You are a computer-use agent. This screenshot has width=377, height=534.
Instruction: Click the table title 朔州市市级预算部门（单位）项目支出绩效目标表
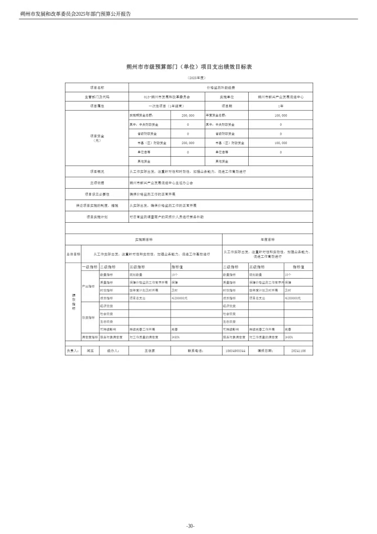pyautogui.click(x=188, y=67)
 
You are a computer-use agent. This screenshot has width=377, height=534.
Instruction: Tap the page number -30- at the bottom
pyautogui.click(x=190, y=526)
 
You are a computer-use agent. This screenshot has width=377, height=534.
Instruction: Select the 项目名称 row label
pyautogui.click(x=97, y=88)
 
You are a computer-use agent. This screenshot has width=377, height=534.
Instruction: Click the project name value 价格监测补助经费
pyautogui.click(x=220, y=88)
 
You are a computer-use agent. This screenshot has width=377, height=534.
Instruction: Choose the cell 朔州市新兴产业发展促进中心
pyautogui.click(x=281, y=97)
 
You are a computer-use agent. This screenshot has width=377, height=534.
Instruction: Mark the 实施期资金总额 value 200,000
pyautogui.click(x=187, y=115)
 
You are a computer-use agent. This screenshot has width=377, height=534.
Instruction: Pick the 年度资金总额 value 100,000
pyautogui.click(x=281, y=115)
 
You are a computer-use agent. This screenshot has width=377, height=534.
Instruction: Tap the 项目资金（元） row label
pyautogui.click(x=97, y=137)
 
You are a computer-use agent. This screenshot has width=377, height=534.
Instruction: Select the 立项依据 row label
pyautogui.click(x=97, y=183)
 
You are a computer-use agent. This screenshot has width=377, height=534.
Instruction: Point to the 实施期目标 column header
pyautogui.click(x=143, y=239)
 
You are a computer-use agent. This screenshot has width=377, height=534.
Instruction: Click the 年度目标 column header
pyautogui.click(x=267, y=239)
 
